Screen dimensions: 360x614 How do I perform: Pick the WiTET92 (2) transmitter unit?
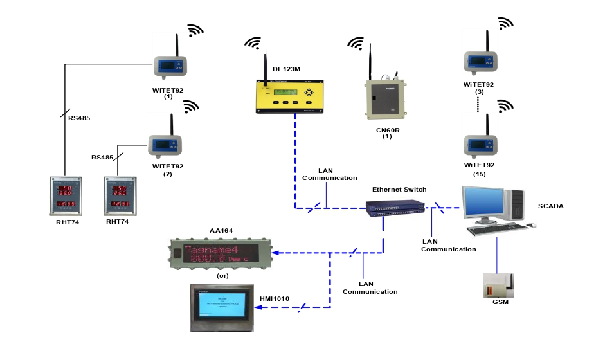[x=165, y=145]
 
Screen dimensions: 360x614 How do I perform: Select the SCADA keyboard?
[x=494, y=229]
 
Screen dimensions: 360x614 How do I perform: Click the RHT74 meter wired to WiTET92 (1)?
[x=66, y=195]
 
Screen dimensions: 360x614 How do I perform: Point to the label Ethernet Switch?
[x=399, y=190]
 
